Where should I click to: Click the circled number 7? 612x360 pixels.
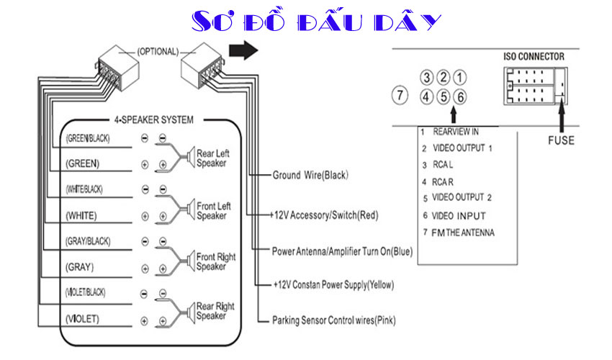click(x=400, y=95)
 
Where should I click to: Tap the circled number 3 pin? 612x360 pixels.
click(x=427, y=77)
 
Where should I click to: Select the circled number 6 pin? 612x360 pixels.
click(x=460, y=96)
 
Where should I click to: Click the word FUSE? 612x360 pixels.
click(x=561, y=140)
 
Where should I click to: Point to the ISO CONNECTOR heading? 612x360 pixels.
click(x=534, y=57)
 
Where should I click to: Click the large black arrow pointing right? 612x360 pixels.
click(x=243, y=50)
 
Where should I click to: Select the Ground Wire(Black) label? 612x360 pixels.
click(x=310, y=175)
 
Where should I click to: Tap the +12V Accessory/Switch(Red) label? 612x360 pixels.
click(x=324, y=215)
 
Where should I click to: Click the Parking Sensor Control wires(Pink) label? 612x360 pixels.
click(x=333, y=320)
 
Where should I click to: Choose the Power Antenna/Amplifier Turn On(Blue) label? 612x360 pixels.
click(x=342, y=251)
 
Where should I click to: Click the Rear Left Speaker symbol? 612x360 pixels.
click(x=191, y=158)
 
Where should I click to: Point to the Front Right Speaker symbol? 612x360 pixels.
click(x=191, y=261)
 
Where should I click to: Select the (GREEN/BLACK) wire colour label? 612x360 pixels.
click(x=88, y=139)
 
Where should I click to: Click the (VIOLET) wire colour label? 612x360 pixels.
click(x=82, y=319)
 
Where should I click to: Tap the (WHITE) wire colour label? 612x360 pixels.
click(x=81, y=215)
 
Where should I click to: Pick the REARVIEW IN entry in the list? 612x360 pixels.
click(x=456, y=132)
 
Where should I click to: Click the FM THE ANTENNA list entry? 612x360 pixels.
click(x=463, y=233)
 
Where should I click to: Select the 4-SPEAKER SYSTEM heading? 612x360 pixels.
click(x=154, y=120)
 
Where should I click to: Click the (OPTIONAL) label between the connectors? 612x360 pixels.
click(x=158, y=52)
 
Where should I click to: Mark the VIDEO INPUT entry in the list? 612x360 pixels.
click(x=459, y=216)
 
